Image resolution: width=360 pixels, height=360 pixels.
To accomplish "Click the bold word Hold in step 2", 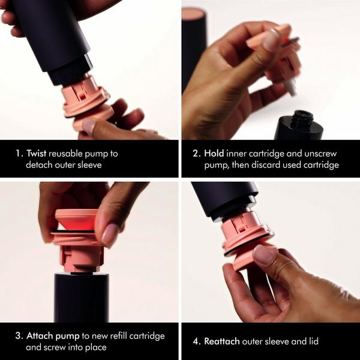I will (x=215, y=153).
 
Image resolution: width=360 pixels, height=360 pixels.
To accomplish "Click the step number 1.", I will (x=19, y=153).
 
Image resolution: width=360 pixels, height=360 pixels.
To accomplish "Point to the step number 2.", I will (x=196, y=153).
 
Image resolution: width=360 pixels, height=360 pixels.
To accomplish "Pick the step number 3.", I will (x=19, y=336).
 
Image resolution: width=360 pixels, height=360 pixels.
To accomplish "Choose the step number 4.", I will (x=196, y=341).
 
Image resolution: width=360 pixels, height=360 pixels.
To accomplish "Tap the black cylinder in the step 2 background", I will (x=193, y=48).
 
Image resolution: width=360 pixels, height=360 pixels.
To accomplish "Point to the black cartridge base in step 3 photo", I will (x=81, y=297).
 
